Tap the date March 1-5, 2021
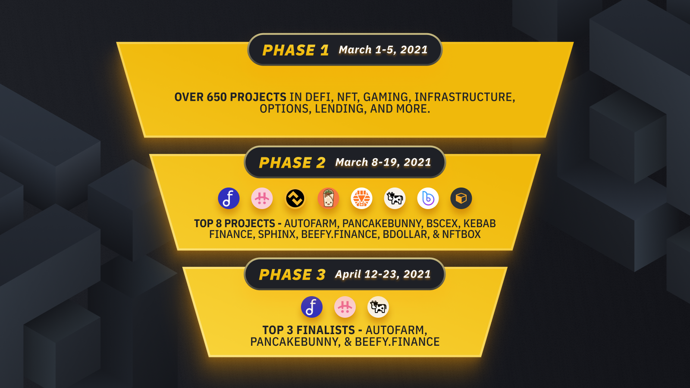(383, 50)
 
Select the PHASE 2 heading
(292, 163)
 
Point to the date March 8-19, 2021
(383, 162)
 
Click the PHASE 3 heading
(292, 275)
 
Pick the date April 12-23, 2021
(383, 274)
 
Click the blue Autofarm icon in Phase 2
(229, 198)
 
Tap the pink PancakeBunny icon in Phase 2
(262, 198)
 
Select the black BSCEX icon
(295, 198)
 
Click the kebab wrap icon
(328, 198)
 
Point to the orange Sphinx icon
(362, 198)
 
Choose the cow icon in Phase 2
(395, 198)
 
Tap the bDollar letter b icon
(428, 198)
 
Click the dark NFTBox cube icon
(461, 198)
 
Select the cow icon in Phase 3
(378, 307)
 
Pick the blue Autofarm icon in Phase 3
(312, 307)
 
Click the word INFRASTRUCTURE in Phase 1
(464, 97)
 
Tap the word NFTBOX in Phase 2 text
(461, 235)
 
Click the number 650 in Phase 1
(217, 97)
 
